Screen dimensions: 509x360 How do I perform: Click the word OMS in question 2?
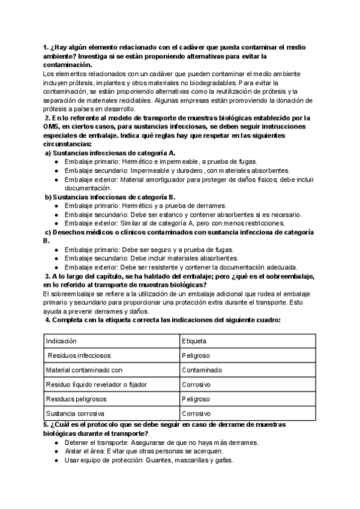coord(52,127)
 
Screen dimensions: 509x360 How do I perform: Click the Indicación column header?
coord(62,340)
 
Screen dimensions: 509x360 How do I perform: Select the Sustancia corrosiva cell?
coord(74,414)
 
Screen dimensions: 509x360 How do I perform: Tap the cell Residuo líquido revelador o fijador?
coord(96,384)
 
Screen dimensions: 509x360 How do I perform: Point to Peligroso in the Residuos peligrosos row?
coord(196,399)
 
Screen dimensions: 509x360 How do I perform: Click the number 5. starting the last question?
coord(46,424)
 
